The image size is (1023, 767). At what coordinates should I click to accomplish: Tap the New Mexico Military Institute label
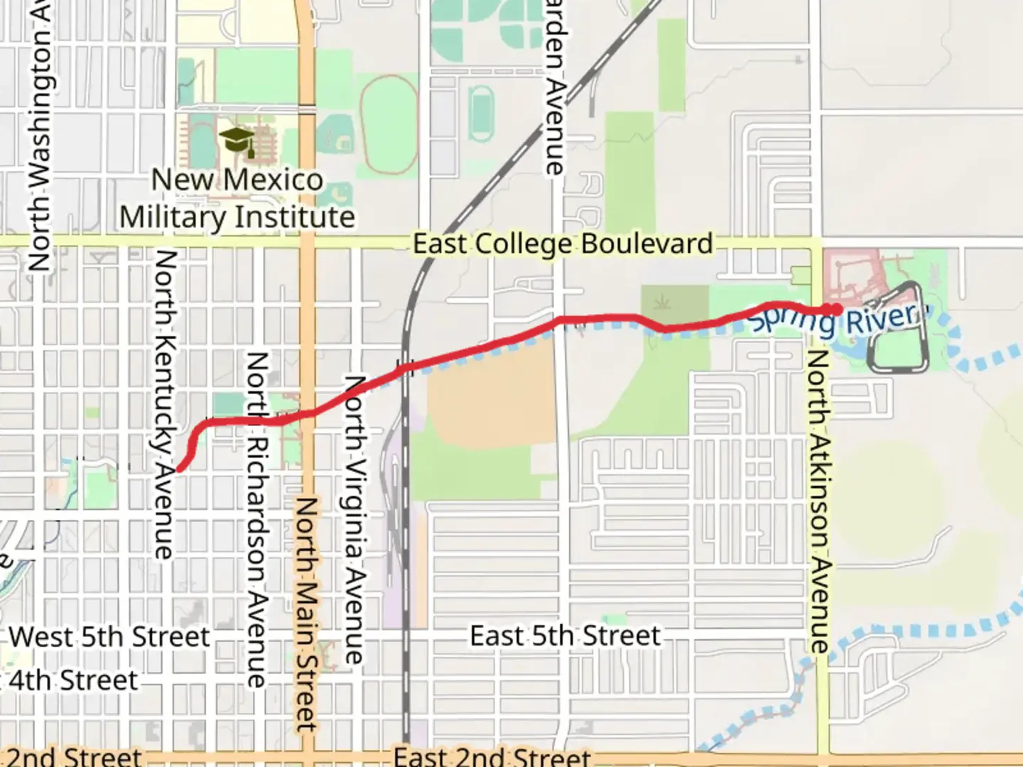click(x=237, y=198)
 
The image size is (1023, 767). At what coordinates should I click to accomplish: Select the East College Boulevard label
click(x=563, y=244)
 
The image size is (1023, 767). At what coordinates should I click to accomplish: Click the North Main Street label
click(x=306, y=614)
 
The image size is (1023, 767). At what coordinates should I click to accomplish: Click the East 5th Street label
click(x=565, y=636)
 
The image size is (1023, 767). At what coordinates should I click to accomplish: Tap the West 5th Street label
click(x=109, y=636)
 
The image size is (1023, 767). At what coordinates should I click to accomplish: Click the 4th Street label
click(x=71, y=680)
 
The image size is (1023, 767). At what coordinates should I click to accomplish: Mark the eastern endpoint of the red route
click(x=837, y=309)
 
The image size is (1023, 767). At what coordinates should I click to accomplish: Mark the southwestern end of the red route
click(x=180, y=468)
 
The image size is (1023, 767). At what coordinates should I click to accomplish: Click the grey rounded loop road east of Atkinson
click(x=898, y=327)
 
